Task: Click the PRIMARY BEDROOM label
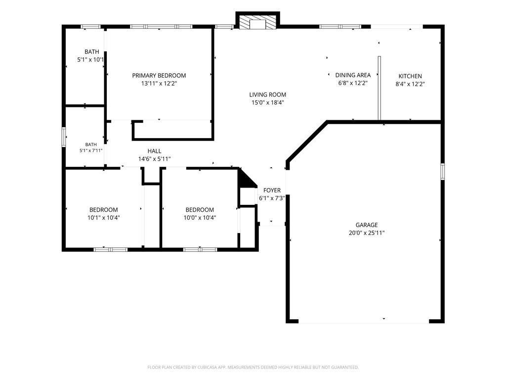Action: tap(159, 76)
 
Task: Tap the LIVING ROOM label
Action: tap(267, 95)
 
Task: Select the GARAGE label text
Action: tap(367, 225)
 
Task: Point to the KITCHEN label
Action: tap(410, 76)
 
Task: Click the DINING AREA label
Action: tap(353, 75)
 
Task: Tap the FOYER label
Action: tap(272, 190)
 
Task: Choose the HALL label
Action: tap(155, 151)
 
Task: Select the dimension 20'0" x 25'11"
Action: tap(367, 233)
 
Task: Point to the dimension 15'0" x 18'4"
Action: tap(267, 103)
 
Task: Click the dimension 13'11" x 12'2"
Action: tap(159, 84)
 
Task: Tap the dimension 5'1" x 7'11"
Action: tap(91, 150)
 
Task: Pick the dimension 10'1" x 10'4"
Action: tap(104, 218)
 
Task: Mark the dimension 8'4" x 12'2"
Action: tap(410, 84)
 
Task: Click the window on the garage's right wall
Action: tap(442, 172)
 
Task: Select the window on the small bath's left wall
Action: tap(64, 137)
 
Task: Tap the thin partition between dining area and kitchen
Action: tap(379, 88)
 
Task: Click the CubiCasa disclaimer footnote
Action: tap(253, 368)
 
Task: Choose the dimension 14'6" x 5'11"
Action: tap(155, 159)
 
